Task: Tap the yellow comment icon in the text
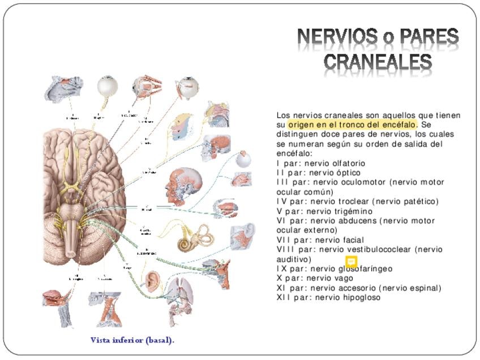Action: point(351,262)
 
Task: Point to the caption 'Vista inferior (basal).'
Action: point(132,340)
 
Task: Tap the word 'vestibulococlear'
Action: point(376,249)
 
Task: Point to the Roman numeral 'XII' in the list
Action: point(284,297)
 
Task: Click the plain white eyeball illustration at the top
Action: point(107,86)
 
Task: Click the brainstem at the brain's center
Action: point(74,226)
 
